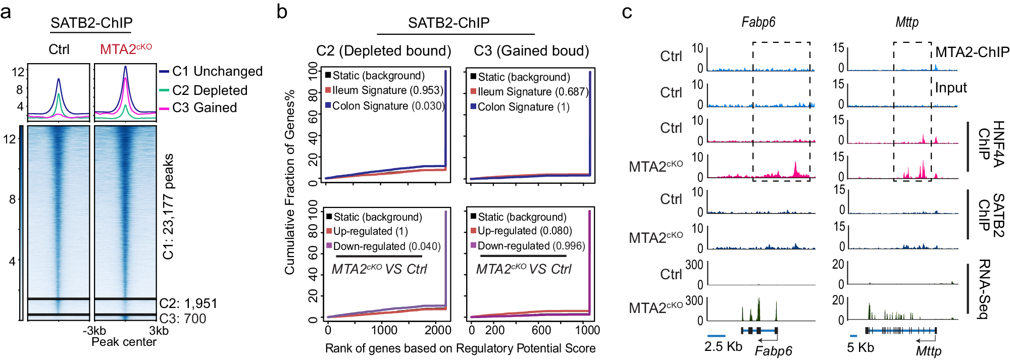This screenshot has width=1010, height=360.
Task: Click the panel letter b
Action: [x=282, y=12]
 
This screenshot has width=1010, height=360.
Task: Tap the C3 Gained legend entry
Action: [x=204, y=108]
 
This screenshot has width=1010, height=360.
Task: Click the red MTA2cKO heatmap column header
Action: [x=126, y=49]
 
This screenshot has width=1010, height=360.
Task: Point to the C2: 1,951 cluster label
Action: [x=188, y=303]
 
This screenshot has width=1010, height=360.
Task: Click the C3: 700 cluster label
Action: [x=183, y=319]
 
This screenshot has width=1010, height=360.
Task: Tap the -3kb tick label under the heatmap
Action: [x=94, y=331]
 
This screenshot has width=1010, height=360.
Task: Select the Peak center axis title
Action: [x=124, y=342]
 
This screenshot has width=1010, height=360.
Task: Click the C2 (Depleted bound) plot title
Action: [x=383, y=50]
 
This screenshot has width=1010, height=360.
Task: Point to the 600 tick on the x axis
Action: [x=541, y=330]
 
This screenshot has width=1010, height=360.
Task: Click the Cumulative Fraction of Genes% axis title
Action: [x=289, y=182]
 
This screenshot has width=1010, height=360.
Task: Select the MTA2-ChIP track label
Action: [x=972, y=52]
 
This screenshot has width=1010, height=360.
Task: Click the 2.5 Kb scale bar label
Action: [x=723, y=346]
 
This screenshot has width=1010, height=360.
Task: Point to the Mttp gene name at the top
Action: [x=906, y=22]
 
